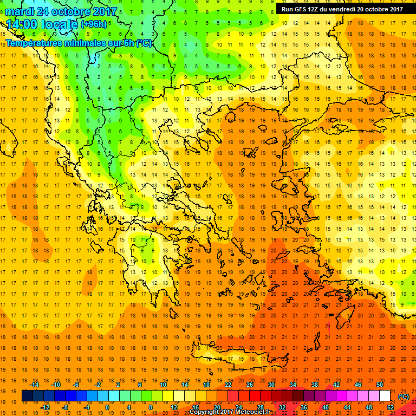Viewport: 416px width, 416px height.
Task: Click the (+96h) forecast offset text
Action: (94, 24)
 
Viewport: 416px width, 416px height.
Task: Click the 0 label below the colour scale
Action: (107, 407)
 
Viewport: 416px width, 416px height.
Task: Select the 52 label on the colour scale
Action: (391, 407)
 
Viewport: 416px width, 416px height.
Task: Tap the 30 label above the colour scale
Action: (270, 385)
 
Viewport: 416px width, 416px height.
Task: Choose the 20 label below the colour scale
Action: (216, 407)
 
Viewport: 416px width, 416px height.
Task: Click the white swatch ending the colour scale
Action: (385, 396)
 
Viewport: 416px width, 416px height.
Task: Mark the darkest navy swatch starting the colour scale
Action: (27, 396)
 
